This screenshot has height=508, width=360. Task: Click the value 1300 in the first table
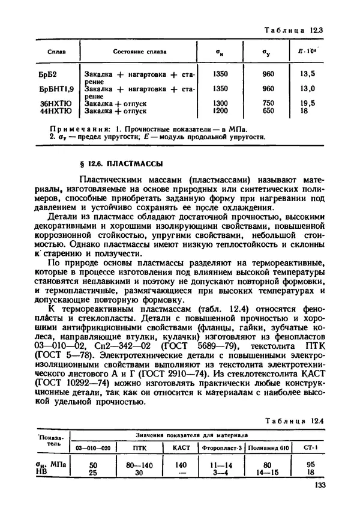pos(220,103)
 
